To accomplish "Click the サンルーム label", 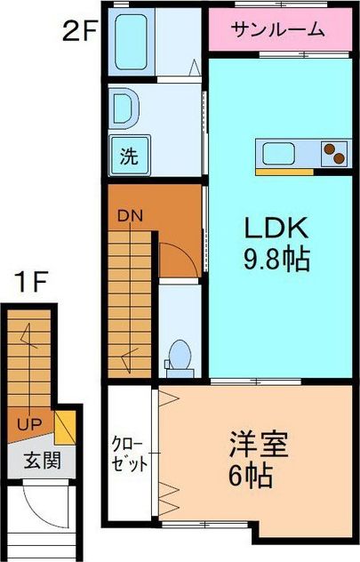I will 277,31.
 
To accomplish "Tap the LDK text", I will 276,228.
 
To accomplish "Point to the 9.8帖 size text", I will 276,261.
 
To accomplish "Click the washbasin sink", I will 124,110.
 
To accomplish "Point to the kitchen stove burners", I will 333,153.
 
